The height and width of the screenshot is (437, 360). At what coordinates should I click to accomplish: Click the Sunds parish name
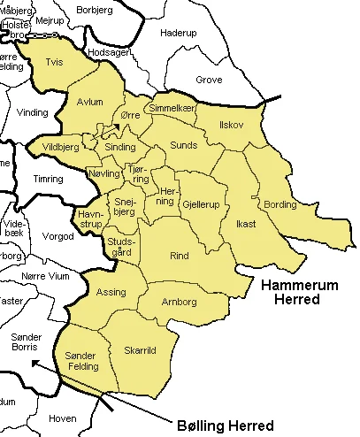click(183, 143)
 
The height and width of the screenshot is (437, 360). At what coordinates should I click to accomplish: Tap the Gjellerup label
click(203, 204)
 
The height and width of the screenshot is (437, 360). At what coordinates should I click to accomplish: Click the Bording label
click(280, 205)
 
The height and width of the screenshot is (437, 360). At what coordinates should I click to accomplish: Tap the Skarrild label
click(140, 349)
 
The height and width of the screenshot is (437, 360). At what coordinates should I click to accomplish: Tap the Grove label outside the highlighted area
click(209, 79)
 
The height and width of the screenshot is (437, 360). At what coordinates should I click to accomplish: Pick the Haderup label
click(178, 33)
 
